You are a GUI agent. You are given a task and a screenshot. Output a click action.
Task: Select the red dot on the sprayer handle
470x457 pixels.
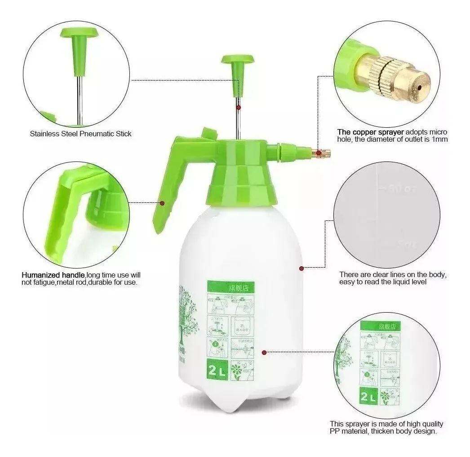click(x=162, y=203)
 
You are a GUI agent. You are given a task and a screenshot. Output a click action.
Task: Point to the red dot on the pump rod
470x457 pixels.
click(x=239, y=107)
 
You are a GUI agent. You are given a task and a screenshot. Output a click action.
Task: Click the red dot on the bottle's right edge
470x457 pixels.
click(x=301, y=269)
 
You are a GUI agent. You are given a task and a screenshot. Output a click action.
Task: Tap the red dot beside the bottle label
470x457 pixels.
click(x=264, y=353)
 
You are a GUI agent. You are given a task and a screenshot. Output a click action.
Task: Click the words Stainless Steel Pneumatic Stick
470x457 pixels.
click(x=80, y=134)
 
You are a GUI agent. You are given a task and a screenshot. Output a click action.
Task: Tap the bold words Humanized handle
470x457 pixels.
click(x=53, y=275)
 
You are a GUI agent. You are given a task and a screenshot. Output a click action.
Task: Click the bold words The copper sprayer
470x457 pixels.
click(x=371, y=132)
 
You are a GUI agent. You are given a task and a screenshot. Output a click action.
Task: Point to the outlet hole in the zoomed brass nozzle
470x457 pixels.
click(x=420, y=87)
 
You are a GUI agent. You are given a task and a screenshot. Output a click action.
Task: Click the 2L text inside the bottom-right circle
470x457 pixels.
click(x=368, y=397)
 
